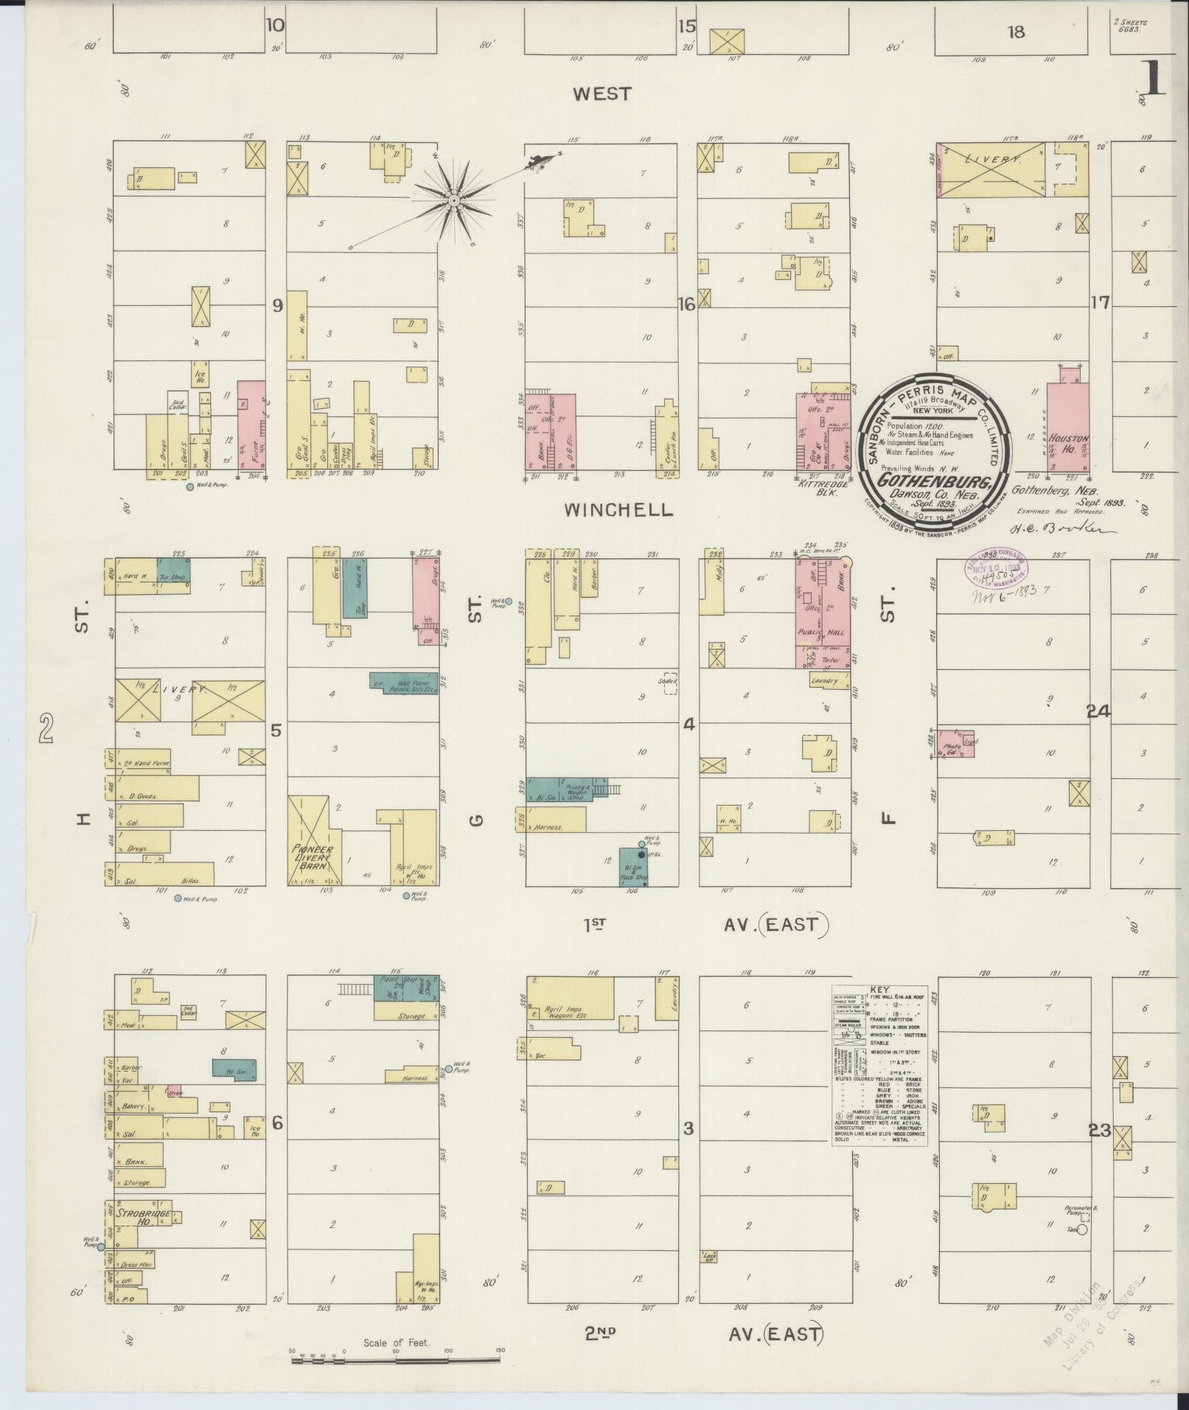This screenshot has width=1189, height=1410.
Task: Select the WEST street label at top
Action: (x=602, y=94)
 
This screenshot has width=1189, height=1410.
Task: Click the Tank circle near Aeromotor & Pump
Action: (x=1083, y=1229)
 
